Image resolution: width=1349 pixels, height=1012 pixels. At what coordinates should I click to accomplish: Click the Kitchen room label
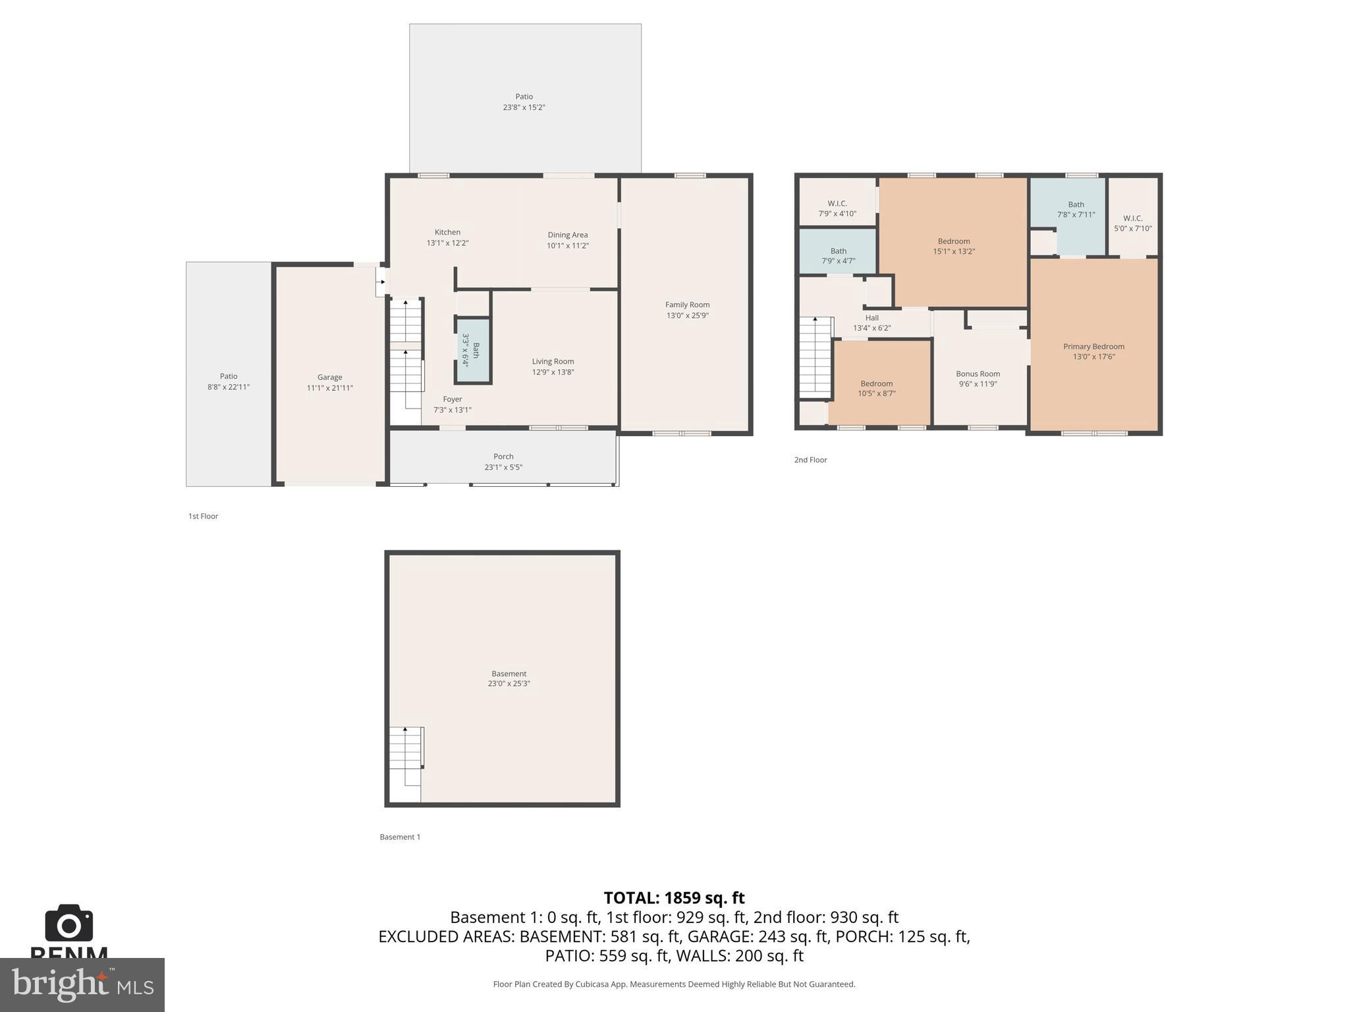pos(447,233)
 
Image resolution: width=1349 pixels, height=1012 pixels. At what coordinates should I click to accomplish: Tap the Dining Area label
pos(567,235)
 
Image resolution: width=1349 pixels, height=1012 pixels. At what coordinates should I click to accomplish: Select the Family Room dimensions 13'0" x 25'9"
pos(687,316)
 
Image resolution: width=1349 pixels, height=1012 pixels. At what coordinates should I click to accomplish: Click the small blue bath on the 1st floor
pos(472,351)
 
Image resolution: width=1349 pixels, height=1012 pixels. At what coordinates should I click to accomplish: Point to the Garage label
pos(329,378)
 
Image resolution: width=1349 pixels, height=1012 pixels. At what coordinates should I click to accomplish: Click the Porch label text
pos(503,457)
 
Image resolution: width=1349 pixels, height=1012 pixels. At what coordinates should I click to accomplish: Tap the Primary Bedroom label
pos(1093,347)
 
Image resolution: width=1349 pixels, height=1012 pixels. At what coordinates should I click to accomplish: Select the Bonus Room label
pos(977,374)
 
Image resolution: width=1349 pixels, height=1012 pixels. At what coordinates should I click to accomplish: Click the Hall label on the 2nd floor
pos(871,318)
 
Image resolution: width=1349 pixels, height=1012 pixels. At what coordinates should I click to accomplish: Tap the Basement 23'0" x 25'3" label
pos(509,679)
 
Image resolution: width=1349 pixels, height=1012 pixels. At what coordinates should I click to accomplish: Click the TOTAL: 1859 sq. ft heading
pos(674,898)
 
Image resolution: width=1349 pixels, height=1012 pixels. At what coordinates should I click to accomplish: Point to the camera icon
pos(69,924)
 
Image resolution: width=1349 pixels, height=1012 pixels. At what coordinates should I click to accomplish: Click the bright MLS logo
pos(82,985)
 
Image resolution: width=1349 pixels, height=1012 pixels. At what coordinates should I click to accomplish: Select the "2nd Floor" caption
pos(810,460)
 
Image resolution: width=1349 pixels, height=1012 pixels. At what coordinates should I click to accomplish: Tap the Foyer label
pos(452,399)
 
